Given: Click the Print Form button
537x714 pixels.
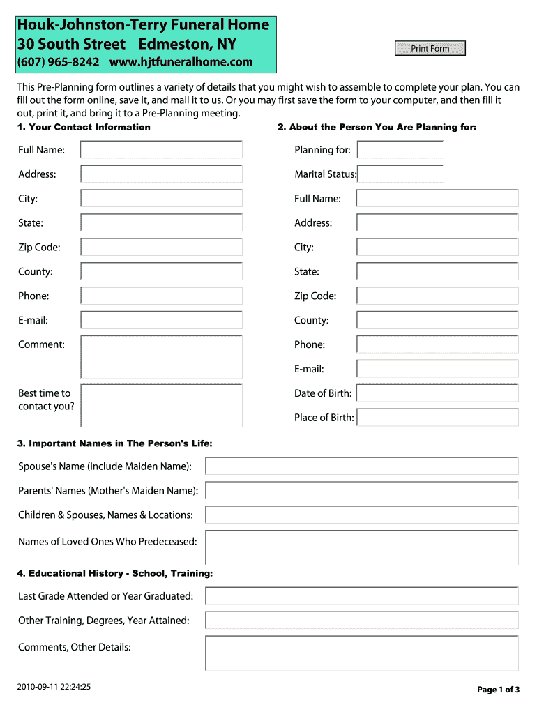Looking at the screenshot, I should tap(430, 48).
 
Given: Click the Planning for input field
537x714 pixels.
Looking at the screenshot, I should tap(400, 150).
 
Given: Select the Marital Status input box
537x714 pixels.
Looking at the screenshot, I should tap(401, 174).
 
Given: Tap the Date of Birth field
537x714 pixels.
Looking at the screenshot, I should tap(437, 393).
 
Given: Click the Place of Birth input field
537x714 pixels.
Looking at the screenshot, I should tap(437, 418).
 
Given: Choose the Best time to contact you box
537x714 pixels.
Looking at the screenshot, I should tap(161, 405).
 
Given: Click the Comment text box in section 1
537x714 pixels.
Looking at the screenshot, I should tap(161, 357).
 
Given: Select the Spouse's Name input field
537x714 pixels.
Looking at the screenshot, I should tap(361, 466).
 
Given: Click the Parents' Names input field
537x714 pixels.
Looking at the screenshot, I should tap(361, 490).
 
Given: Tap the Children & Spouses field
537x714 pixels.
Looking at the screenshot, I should tap(361, 515).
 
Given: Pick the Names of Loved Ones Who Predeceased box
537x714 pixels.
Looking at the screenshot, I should tap(361, 547).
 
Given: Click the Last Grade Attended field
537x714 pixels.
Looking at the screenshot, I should tap(361, 596).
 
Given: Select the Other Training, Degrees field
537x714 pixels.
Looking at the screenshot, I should tap(361, 621).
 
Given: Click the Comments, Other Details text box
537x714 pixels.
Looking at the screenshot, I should tap(361, 653).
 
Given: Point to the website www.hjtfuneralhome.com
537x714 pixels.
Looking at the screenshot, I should tap(181, 62).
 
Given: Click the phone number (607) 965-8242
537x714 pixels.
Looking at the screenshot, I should tap(59, 62).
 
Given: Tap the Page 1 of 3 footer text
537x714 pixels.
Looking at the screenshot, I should tap(498, 690).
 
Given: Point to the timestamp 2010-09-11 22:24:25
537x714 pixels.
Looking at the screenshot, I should tap(54, 687).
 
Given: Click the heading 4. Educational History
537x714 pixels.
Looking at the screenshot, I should tap(115, 573).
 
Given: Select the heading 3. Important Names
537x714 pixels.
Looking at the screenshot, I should tap(115, 443).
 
